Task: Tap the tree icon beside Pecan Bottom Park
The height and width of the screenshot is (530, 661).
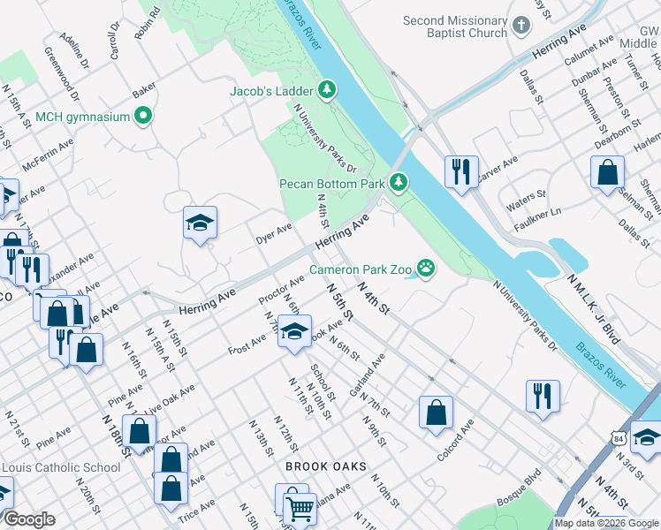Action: tap(399, 183)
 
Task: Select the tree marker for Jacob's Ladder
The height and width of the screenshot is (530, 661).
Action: tap(328, 89)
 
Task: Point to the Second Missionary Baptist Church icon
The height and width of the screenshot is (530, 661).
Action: tap(521, 26)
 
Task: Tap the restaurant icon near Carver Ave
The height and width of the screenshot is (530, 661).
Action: tap(461, 170)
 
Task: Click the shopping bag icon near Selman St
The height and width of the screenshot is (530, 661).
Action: tap(608, 171)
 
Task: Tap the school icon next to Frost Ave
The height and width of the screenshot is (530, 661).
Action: tap(294, 332)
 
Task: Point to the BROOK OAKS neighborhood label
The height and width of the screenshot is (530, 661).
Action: tap(325, 466)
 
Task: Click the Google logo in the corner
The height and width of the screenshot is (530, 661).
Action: tap(29, 519)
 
